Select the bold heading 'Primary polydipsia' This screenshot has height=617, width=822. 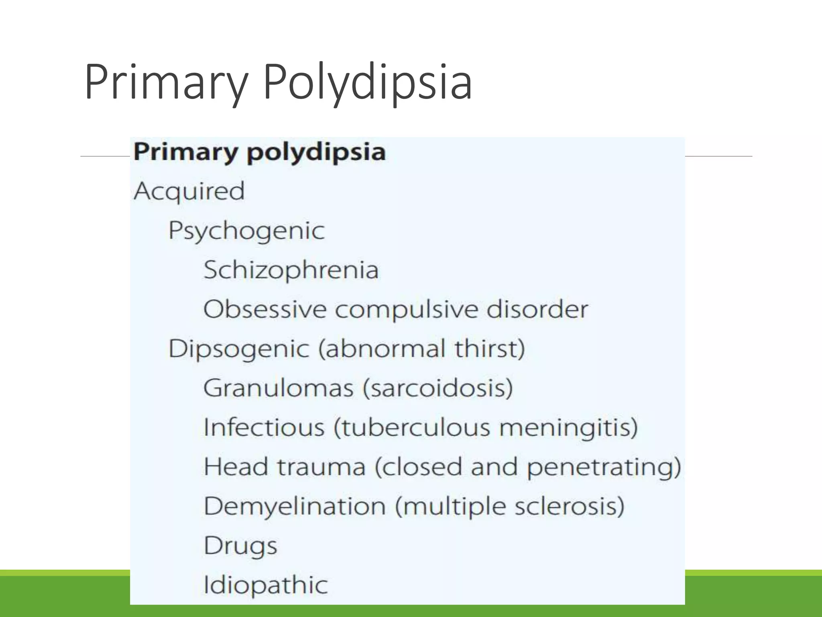[260, 152]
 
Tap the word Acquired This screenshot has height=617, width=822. [189, 191]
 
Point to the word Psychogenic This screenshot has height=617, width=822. [246, 231]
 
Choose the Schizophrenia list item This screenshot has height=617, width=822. [291, 270]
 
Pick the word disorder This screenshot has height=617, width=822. [537, 309]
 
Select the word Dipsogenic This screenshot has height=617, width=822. [239, 348]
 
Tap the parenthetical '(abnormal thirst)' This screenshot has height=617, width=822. [422, 348]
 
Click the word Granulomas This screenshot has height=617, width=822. [279, 388]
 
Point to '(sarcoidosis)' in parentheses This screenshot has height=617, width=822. [438, 388]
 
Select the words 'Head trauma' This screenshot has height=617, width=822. [285, 466]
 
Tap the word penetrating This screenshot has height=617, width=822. [604, 467]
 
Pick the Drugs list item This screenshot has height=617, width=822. [240, 545]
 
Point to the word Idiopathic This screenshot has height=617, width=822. [266, 585]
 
